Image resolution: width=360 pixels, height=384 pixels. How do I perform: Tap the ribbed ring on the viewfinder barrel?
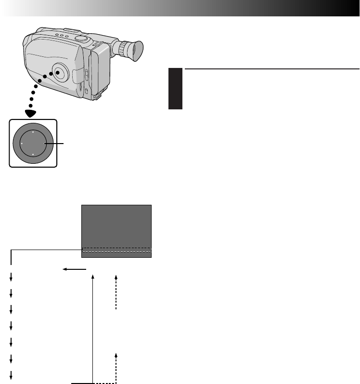tap(126, 49)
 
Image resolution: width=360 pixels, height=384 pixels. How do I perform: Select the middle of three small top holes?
tap(63, 35)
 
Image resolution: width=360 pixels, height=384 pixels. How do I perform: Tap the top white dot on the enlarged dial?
tap(33, 132)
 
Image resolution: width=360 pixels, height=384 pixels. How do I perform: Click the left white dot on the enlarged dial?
tap(22, 144)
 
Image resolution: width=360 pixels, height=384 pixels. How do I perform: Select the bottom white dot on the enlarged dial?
tap(33, 154)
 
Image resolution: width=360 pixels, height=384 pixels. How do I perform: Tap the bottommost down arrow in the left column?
tap(11, 375)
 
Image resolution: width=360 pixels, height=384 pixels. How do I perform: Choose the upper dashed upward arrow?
tap(116, 291)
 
